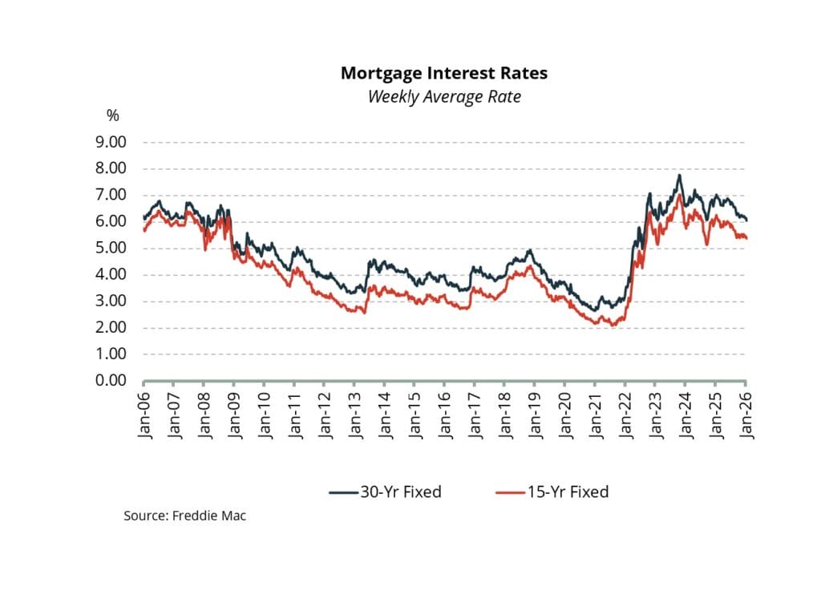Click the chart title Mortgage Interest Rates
[444, 73]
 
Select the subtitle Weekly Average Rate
[444, 97]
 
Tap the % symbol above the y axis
[112, 115]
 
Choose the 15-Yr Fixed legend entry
[552, 492]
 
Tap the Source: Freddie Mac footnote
[184, 516]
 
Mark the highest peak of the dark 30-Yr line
[680, 175]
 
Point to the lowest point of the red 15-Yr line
[613, 326]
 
